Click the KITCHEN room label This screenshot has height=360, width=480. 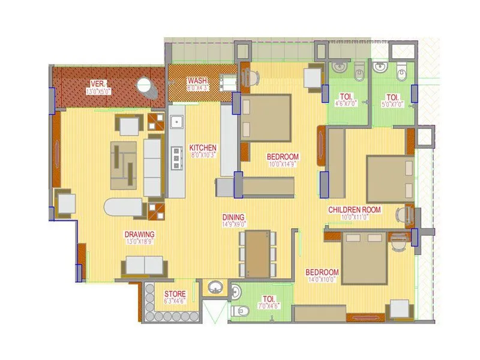(x=203, y=148)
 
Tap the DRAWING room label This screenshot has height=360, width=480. (x=139, y=234)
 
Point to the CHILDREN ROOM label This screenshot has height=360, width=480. (x=355, y=210)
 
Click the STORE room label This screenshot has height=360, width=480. (x=175, y=294)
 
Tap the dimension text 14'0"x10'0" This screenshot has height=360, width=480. (x=321, y=279)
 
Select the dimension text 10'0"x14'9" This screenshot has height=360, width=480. (x=283, y=164)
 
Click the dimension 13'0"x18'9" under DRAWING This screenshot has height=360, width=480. (x=139, y=241)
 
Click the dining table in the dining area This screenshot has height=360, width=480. (x=258, y=253)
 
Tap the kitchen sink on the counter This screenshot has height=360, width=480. (x=176, y=122)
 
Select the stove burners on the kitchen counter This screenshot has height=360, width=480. (x=177, y=157)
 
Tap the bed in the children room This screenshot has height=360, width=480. (x=389, y=179)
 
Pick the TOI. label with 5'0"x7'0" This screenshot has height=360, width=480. (x=392, y=97)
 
